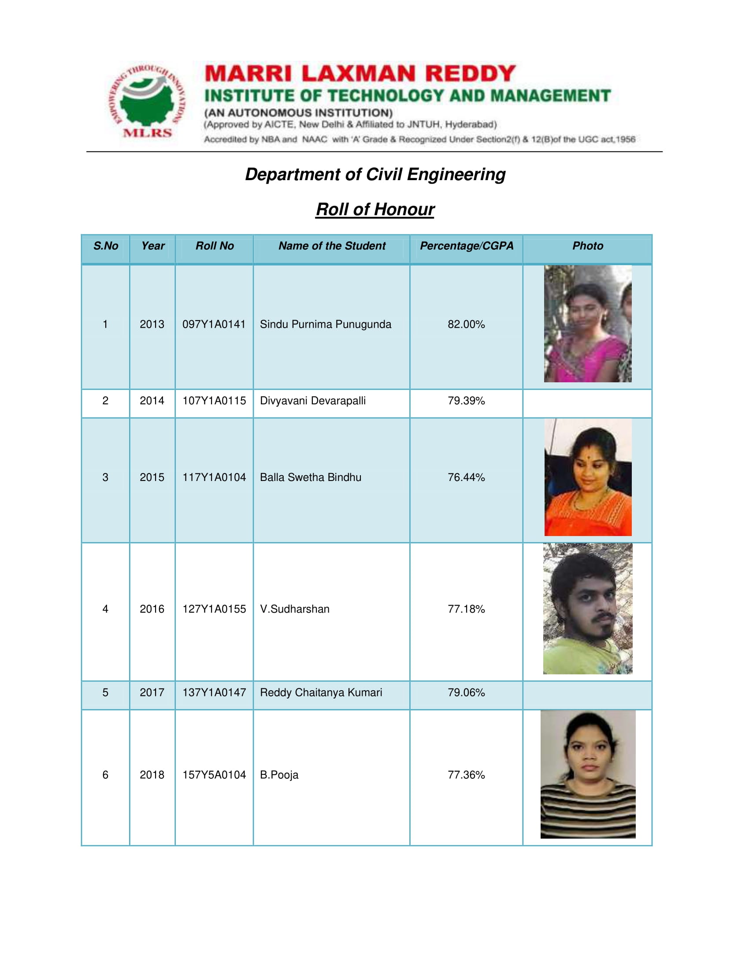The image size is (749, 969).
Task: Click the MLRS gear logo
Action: (147, 102)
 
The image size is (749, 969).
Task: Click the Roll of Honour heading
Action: (375, 209)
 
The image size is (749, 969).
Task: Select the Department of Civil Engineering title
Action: (375, 174)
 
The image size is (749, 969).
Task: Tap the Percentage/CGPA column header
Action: (466, 246)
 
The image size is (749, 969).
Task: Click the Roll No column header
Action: (214, 246)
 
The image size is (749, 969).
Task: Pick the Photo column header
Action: (587, 246)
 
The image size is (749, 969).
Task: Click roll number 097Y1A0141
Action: (214, 324)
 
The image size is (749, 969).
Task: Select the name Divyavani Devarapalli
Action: (313, 401)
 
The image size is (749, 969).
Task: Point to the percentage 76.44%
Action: (466, 477)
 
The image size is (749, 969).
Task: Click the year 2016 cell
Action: (152, 609)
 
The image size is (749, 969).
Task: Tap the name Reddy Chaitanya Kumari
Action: (321, 692)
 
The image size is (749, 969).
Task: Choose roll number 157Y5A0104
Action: (214, 775)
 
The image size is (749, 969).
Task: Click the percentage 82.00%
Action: (466, 324)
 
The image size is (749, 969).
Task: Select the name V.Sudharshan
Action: (295, 609)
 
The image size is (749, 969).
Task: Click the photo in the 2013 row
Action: (587, 324)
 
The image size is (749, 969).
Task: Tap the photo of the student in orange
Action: (587, 477)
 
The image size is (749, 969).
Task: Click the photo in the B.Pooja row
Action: (587, 774)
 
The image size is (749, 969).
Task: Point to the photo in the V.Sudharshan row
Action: (587, 609)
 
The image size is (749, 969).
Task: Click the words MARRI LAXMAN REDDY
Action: (360, 74)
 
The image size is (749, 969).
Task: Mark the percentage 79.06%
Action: (466, 692)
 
